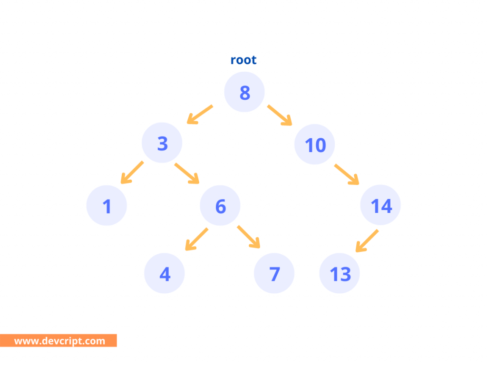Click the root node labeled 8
pos(244,92)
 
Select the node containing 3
pos(162,143)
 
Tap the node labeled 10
pos(314,144)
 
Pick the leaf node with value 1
pos(107,205)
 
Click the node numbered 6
pos(220,205)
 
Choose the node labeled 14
pos(380,205)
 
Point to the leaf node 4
pos(165,273)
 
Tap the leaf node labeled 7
pos(274,273)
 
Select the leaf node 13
pos(340,273)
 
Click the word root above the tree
pos(243,60)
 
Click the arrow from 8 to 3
pos(200,115)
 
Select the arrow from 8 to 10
pos(280,115)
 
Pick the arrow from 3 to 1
pos(132,173)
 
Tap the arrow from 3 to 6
pos(187,173)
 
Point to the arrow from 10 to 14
pos(347,174)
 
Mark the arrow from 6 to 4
pos(196,239)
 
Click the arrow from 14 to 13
pos(367,240)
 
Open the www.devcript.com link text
pos(59,341)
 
